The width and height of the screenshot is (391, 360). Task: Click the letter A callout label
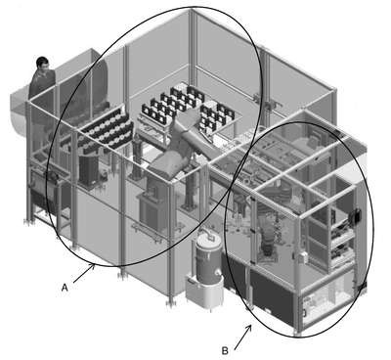(65, 288)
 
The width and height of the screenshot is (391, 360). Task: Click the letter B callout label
(225, 351)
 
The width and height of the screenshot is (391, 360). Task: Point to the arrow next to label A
(84, 273)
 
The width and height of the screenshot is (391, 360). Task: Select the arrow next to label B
(242, 337)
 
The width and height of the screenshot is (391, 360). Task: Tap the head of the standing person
(43, 64)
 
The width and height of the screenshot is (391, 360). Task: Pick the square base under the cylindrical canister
(203, 292)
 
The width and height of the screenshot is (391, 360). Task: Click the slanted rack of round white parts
(108, 129)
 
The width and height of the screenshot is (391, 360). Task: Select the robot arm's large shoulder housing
(169, 163)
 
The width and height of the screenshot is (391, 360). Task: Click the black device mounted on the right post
(355, 215)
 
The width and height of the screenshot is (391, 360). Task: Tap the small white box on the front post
(303, 257)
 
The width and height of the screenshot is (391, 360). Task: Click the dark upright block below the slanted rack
(89, 169)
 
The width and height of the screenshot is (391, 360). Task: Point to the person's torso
(42, 86)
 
